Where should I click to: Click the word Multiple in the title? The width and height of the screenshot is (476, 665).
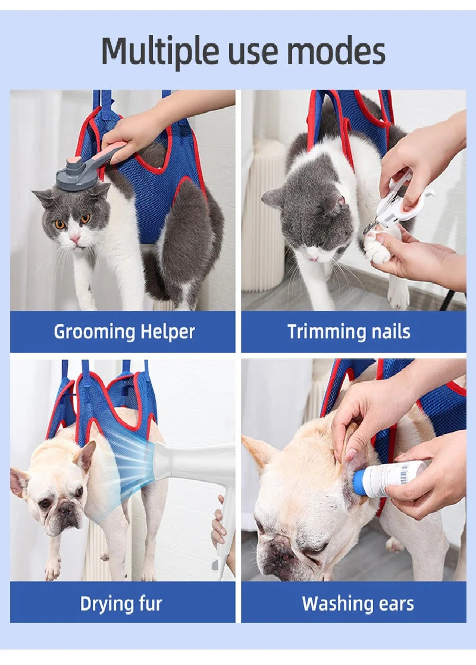click(x=160, y=52)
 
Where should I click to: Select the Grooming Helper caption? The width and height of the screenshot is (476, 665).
click(x=124, y=332)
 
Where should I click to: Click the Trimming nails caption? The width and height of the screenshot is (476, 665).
click(x=349, y=332)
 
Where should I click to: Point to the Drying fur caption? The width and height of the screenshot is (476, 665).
click(x=121, y=604)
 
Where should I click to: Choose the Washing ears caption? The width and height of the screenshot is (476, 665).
click(x=358, y=604)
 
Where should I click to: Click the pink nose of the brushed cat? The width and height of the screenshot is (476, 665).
click(x=76, y=239)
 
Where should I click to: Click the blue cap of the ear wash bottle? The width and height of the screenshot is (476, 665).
click(x=359, y=483)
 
